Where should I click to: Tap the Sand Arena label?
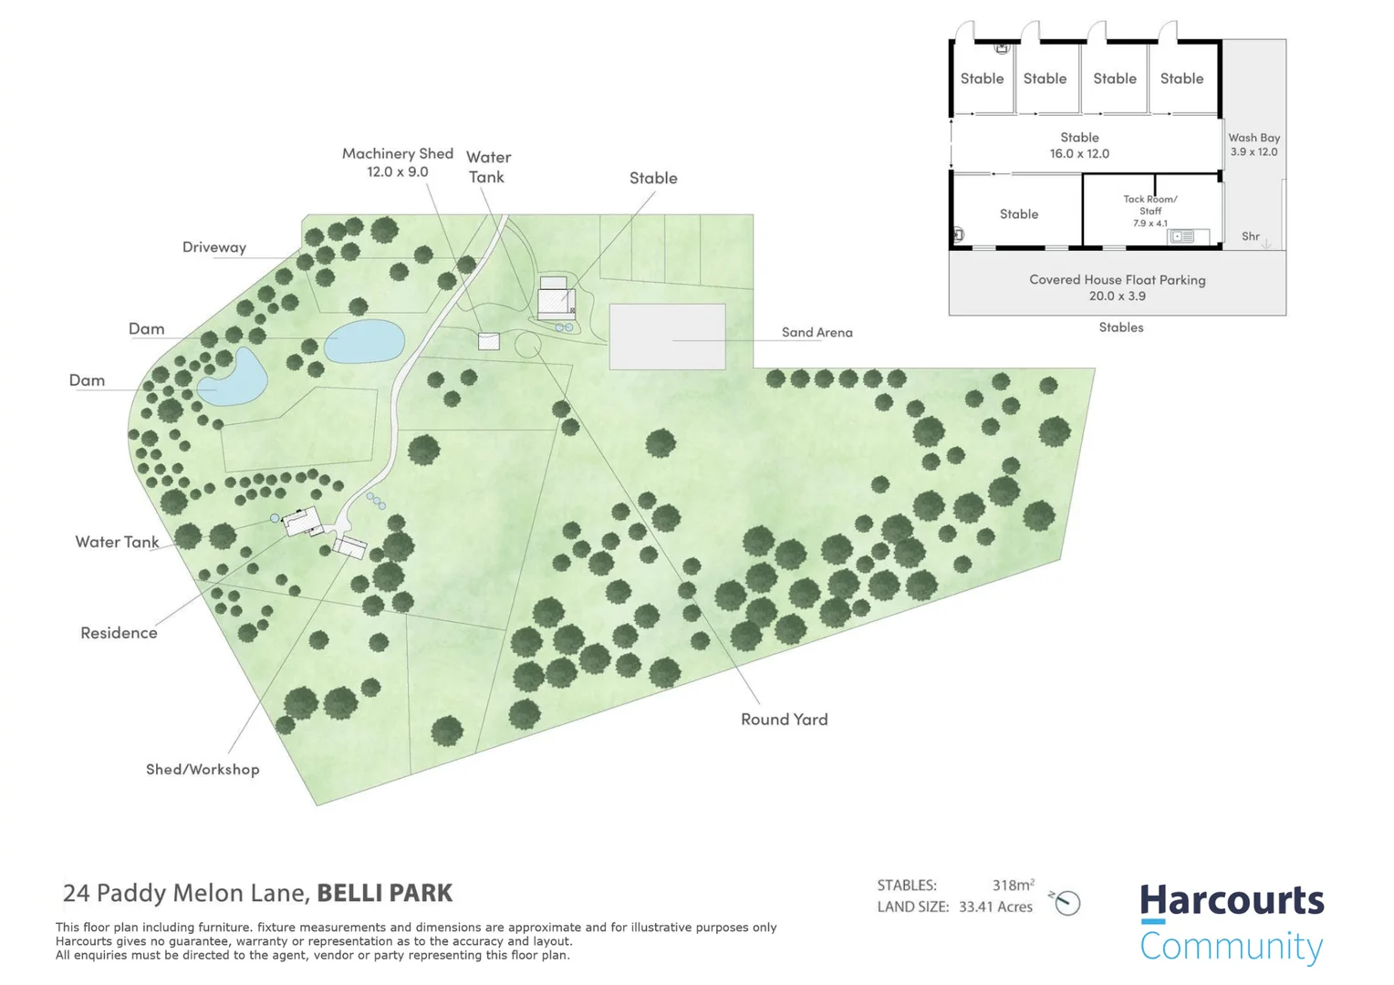(x=817, y=333)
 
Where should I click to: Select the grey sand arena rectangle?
(x=667, y=337)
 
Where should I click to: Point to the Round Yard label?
(x=784, y=720)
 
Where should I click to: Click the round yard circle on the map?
(x=527, y=345)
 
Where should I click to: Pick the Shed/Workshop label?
(x=203, y=770)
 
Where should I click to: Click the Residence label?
(x=119, y=633)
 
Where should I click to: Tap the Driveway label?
(x=214, y=247)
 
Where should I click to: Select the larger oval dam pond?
(x=365, y=341)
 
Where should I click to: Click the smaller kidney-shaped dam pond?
(x=234, y=377)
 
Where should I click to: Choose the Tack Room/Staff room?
(x=1150, y=211)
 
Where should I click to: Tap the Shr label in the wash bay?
(x=1251, y=236)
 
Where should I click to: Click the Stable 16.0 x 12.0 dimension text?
(x=1079, y=154)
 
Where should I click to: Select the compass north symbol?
(x=1066, y=903)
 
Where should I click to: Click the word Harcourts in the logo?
(x=1232, y=901)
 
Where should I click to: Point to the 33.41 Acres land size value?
(x=995, y=907)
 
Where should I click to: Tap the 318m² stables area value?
(x=1013, y=885)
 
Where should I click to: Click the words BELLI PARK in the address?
(x=385, y=893)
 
